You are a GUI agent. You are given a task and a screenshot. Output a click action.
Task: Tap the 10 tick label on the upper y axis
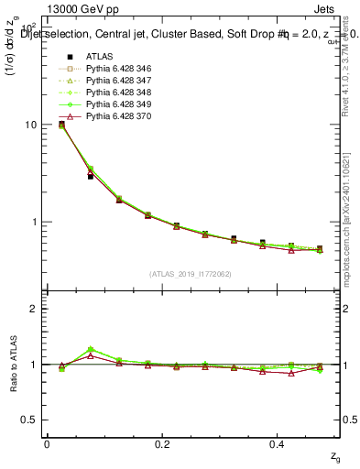click(x=29, y=125)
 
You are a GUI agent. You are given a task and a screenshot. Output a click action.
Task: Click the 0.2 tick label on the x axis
click(x=162, y=443)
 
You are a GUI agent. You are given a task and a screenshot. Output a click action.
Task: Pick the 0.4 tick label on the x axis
click(x=278, y=443)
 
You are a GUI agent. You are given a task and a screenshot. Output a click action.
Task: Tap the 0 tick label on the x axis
click(x=47, y=443)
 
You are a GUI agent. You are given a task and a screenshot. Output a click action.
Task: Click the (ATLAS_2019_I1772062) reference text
click(x=191, y=274)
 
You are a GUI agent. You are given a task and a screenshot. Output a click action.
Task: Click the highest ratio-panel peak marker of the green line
click(x=90, y=350)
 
